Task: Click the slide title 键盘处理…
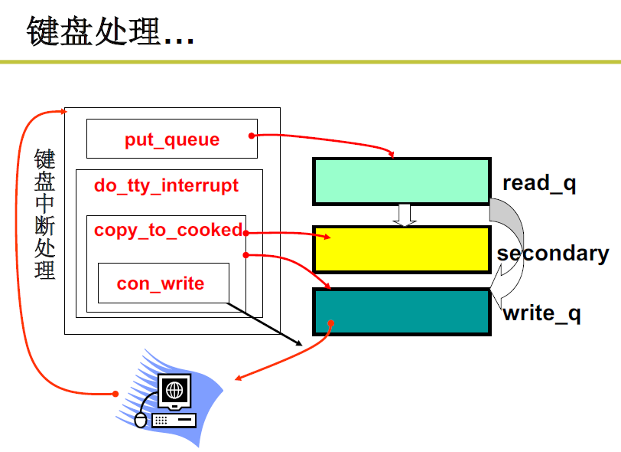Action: (x=110, y=32)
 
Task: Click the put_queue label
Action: (x=172, y=140)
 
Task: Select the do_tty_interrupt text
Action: (x=166, y=185)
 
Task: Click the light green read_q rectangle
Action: (x=401, y=181)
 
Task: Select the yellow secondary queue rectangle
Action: (x=401, y=249)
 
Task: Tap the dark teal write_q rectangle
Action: (x=401, y=312)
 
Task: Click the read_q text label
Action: (x=538, y=183)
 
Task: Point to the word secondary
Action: (x=553, y=254)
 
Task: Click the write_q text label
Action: (x=541, y=313)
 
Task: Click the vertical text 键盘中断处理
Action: (x=45, y=215)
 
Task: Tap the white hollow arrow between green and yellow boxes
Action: (x=405, y=215)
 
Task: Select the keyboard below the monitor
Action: (x=174, y=420)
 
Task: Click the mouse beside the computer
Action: (x=140, y=420)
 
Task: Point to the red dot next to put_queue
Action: (x=252, y=136)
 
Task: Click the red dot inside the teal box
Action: (x=330, y=323)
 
